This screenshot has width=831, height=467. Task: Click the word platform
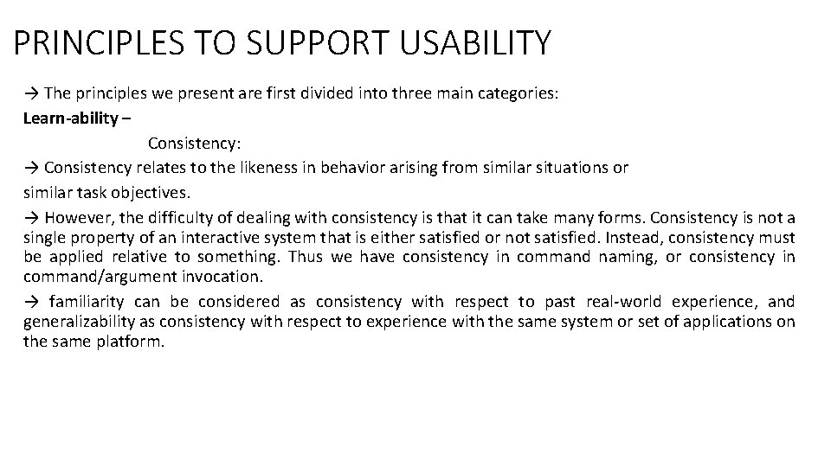tap(130, 342)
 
